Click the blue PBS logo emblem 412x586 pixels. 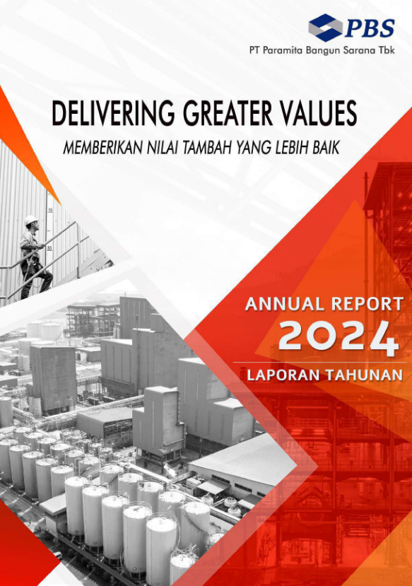tap(325, 28)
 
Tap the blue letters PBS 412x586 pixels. tap(369, 28)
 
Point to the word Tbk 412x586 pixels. tap(387, 50)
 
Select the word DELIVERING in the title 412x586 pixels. tap(113, 112)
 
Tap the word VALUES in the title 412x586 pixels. tap(319, 112)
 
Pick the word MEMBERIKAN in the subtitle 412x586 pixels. tap(102, 148)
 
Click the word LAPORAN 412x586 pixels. tap(283, 375)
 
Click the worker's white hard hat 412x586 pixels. tap(30, 220)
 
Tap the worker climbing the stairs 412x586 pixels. tap(35, 257)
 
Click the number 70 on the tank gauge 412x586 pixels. tap(50, 211)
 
